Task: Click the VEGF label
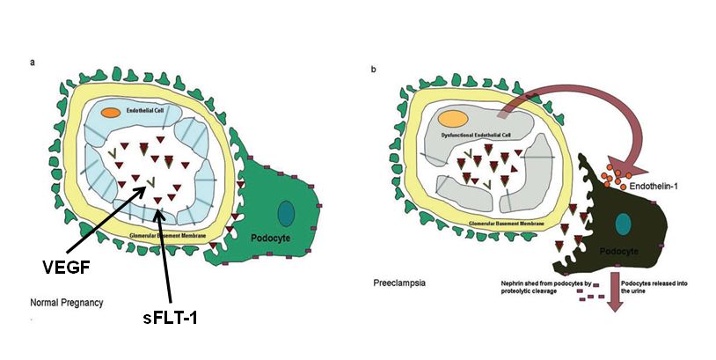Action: click(69, 265)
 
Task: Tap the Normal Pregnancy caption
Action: click(67, 303)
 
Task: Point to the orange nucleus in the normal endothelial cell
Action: click(110, 113)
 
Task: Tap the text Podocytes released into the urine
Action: click(650, 289)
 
